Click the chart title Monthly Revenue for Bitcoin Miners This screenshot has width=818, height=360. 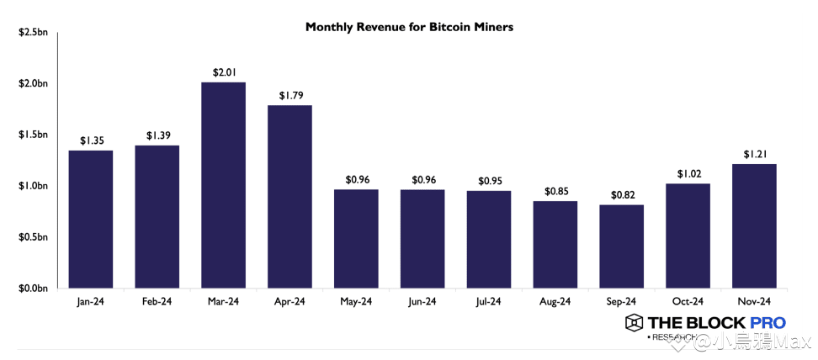coord(409,27)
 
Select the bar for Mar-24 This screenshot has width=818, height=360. coord(223,185)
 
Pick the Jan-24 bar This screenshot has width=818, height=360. coord(90,219)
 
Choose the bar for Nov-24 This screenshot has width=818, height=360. coord(755,225)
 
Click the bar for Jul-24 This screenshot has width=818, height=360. coord(489,239)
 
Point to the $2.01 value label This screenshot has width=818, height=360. coord(223,73)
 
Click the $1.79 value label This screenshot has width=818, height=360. coord(289,96)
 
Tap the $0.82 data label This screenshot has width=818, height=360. coord(622,195)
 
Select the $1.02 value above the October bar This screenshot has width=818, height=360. coord(688,174)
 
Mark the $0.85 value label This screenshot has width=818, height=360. coord(555,191)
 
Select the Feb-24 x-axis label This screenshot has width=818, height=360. coord(157,301)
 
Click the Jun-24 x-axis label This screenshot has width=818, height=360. coord(422,301)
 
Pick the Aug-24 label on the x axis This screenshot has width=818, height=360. coord(555,301)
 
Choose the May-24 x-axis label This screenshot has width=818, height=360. coord(356,301)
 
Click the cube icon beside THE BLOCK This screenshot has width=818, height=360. coord(634,322)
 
